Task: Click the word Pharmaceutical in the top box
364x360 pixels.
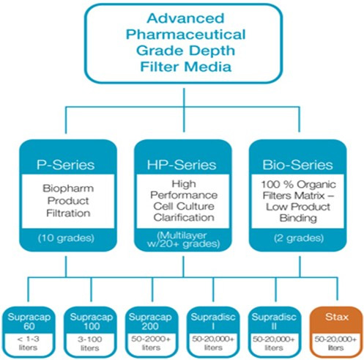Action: point(185,34)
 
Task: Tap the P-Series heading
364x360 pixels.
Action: point(66,165)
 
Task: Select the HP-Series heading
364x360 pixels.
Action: point(182,165)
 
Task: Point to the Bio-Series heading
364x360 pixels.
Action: point(297,165)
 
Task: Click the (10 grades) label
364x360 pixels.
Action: point(66,238)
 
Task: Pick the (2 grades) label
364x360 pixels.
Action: point(299,238)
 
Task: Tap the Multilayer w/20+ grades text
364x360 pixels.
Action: point(183,240)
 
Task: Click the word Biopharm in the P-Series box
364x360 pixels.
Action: point(68,188)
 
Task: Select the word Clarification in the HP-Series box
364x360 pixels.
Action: point(184,217)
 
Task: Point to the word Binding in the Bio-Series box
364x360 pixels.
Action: point(298,218)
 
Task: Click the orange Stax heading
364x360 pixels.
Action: point(337,317)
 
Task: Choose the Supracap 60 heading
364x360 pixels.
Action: point(29,321)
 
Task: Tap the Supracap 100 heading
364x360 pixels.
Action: point(92,321)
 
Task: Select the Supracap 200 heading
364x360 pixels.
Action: point(150,321)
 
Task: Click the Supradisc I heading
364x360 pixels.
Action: point(213,321)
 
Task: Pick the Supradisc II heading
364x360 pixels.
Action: point(274,321)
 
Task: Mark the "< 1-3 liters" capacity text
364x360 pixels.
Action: point(28,343)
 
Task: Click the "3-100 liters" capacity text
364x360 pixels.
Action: point(90,343)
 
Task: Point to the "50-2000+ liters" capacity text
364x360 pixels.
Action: point(151,343)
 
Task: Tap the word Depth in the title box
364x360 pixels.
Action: point(212,51)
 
